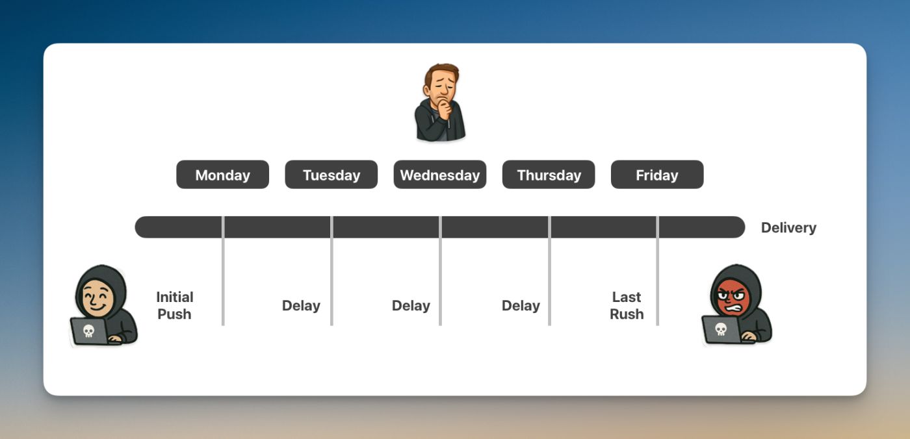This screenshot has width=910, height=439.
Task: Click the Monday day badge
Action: [x=222, y=175]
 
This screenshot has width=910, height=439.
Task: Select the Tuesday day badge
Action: [x=331, y=175]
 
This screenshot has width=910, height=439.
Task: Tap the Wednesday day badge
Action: [x=440, y=175]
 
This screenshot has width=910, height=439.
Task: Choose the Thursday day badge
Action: [x=549, y=175]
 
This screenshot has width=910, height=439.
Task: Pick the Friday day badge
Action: [x=657, y=175]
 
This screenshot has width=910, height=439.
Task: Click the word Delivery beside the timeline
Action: [x=788, y=227]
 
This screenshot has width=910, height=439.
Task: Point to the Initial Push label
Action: [x=175, y=305]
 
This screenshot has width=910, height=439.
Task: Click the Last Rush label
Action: [x=627, y=305]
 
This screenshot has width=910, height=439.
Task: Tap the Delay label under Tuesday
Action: [x=301, y=305]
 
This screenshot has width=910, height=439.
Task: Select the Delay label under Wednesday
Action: [x=411, y=305]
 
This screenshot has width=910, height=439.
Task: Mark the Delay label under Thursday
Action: [x=521, y=305]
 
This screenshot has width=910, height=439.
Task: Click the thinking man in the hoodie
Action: [x=441, y=102]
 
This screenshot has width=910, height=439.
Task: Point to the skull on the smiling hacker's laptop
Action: [x=88, y=331]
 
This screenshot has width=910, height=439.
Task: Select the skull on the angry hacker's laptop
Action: [x=720, y=329]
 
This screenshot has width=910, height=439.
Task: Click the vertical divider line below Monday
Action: [x=223, y=271]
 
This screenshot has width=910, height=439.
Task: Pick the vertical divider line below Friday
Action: [x=657, y=271]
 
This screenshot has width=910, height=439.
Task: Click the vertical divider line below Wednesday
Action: [x=441, y=271]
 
